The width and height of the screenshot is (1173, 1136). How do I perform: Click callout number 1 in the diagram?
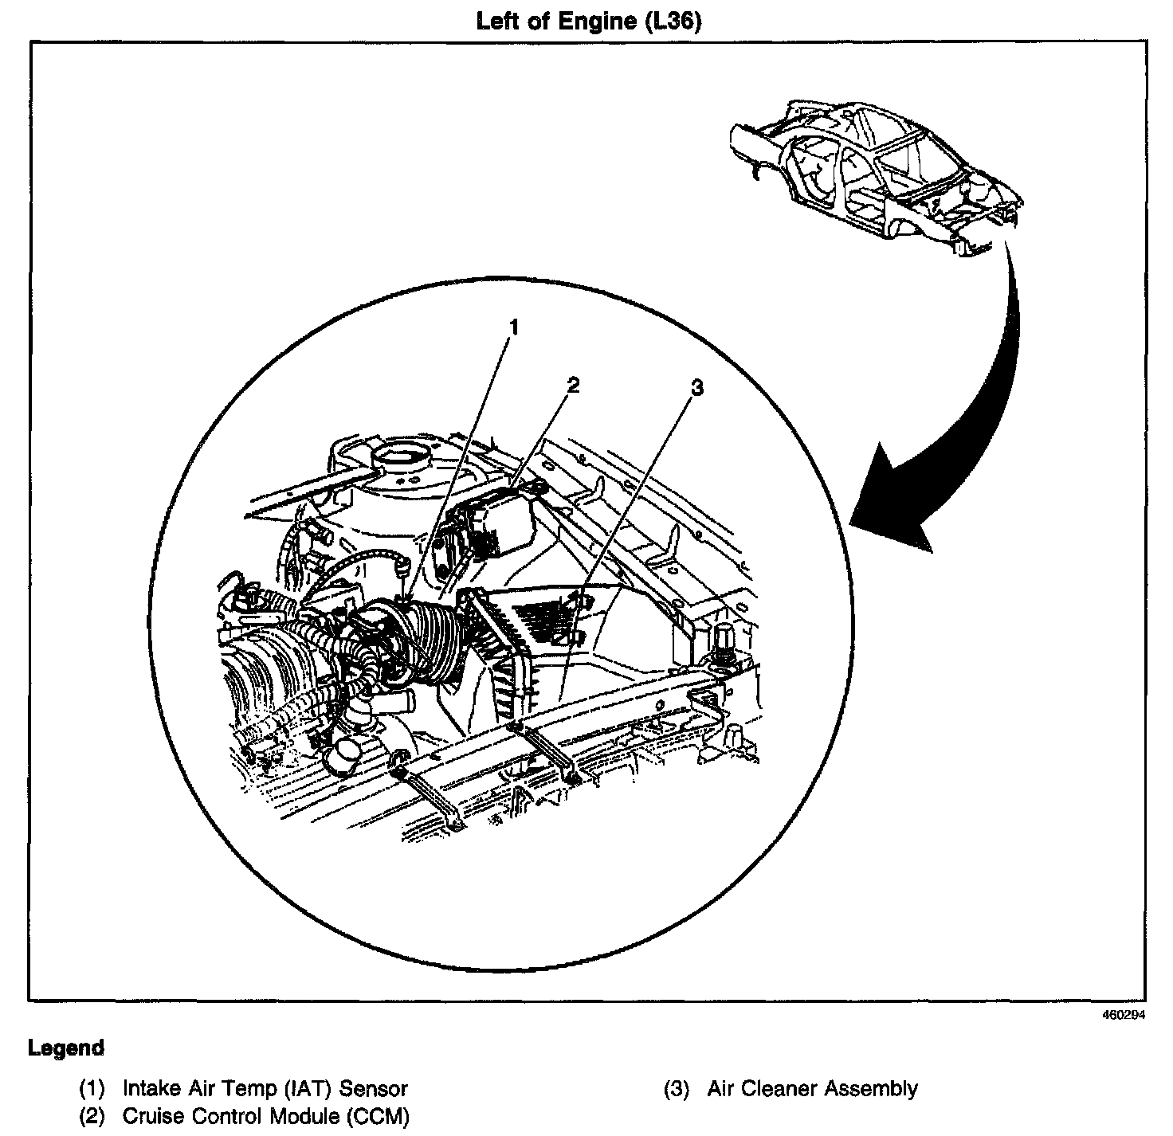coord(515,327)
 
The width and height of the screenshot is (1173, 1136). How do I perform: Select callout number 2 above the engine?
coord(572,385)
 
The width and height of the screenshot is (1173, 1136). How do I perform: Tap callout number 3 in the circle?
coord(697,388)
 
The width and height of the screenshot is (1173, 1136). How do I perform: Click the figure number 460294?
coord(1124,1016)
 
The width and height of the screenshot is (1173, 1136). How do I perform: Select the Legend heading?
coord(66,1048)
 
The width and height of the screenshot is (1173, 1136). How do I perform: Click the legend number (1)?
coord(92,1088)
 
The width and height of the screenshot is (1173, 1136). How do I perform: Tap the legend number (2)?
coord(92,1116)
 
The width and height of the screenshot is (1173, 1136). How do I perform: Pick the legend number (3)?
coord(677,1088)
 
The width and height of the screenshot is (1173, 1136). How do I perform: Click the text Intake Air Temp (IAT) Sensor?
coord(265,1088)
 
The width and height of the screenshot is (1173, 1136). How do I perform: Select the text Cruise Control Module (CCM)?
coord(265,1116)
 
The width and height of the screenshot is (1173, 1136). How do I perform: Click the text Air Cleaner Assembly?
coord(812,1088)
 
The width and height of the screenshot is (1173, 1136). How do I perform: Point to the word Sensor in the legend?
coord(377,1088)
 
